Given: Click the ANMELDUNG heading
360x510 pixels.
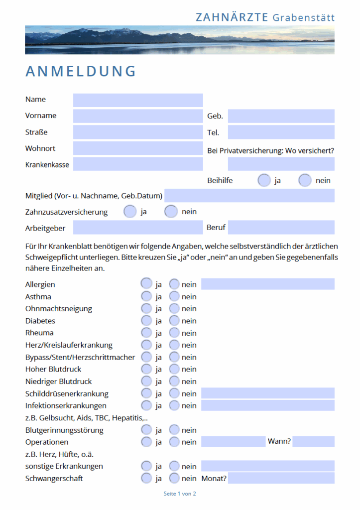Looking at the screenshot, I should coord(81,71).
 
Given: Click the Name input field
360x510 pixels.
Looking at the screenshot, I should coord(138,100).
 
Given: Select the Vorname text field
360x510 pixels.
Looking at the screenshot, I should coord(138,116).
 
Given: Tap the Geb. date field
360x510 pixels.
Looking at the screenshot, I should coord(281,116).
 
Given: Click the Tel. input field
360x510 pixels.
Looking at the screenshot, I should coord(281,132).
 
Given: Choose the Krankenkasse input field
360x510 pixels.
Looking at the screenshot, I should coord(138,164).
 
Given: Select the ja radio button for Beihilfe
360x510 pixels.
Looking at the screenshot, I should coord(264,180).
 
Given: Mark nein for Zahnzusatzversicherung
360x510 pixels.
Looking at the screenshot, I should coord(171,212).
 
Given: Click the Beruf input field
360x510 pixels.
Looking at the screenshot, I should coord(281,228).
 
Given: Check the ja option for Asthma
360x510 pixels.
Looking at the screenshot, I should coord(146,296).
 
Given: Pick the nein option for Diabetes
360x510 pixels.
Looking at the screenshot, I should coord(174,321).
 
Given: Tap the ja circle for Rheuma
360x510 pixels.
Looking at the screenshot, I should coord(146,333).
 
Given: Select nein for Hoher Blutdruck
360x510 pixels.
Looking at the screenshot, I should coord(174,369).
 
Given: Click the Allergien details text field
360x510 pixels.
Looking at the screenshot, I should coord(267,284).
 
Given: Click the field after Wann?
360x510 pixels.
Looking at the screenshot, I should coord(313,442).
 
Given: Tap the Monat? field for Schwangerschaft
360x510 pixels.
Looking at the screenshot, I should coord(281,479).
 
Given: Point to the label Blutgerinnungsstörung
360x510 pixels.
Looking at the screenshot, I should coord(64,430).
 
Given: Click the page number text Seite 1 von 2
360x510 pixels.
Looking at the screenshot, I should coord(180,494).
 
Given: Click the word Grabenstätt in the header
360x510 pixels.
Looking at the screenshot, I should coord(303,18).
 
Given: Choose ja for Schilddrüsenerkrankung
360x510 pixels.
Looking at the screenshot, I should coord(146,393).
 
